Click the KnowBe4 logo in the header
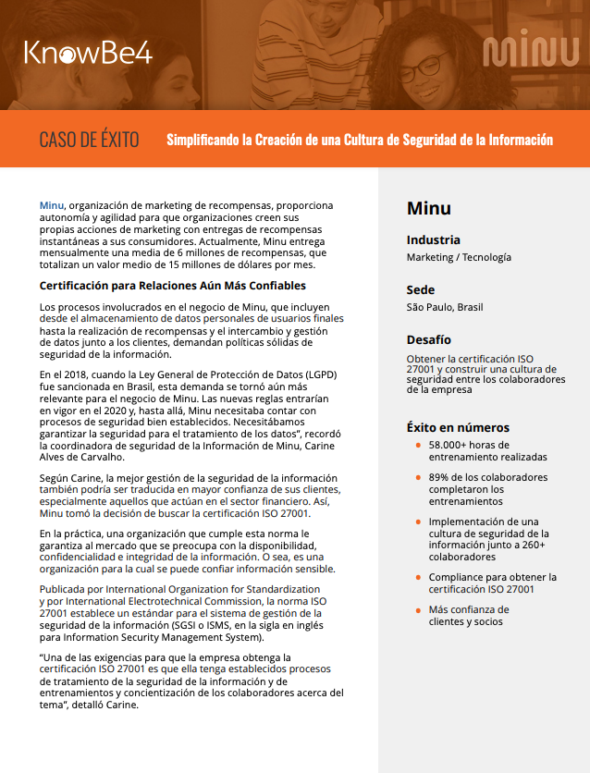tap(88, 53)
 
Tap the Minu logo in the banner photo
tap(530, 53)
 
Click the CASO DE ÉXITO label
tap(90, 140)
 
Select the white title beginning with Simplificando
tap(360, 140)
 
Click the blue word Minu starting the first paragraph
tap(52, 204)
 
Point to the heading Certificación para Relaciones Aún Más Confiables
tap(172, 285)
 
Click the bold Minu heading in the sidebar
tap(429, 208)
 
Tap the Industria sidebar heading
tap(434, 240)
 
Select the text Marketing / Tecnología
tap(459, 257)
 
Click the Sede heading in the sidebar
tap(421, 290)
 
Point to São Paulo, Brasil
tap(445, 307)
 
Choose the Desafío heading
tap(429, 340)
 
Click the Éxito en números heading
tap(458, 428)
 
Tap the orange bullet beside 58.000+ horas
tap(418, 446)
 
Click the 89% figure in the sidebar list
tap(439, 478)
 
